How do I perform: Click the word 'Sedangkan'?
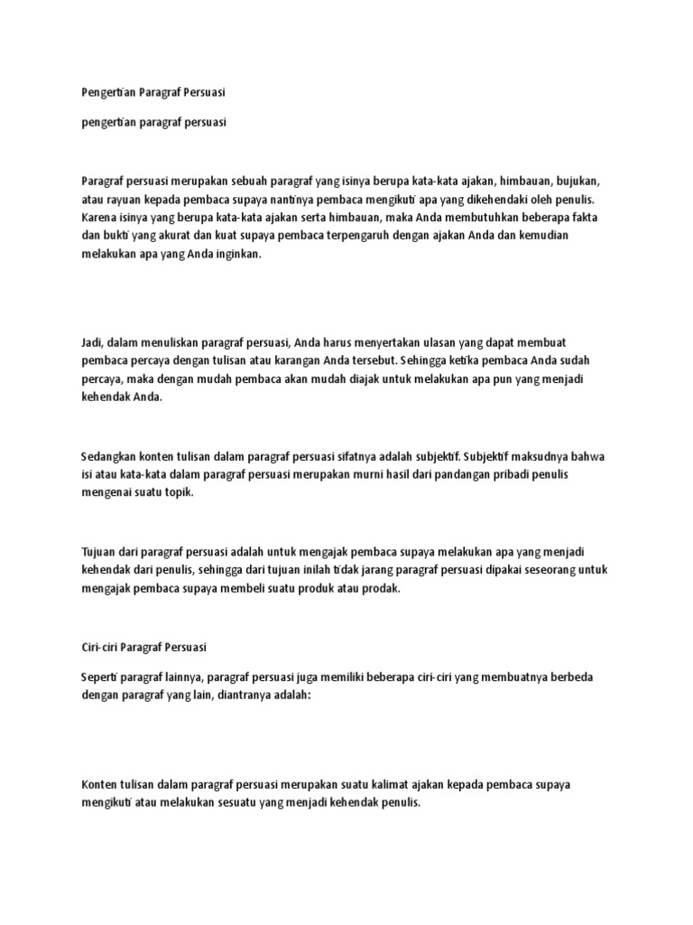(110, 457)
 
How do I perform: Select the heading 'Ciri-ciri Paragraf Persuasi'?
(144, 648)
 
